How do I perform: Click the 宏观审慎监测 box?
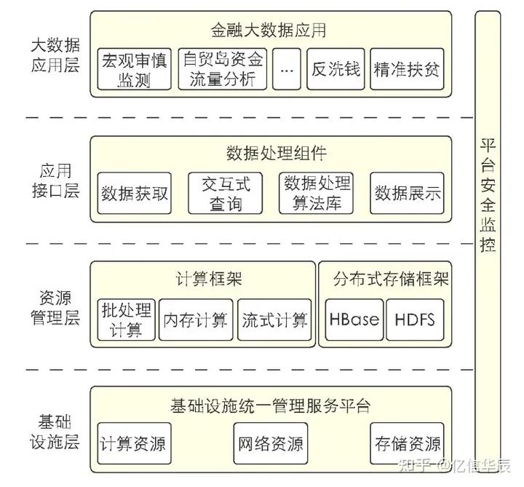(133, 69)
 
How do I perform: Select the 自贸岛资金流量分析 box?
(223, 69)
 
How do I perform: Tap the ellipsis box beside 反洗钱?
(287, 69)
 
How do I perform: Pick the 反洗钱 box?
(336, 69)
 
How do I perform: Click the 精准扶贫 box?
(407, 69)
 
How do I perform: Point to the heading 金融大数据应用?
(269, 31)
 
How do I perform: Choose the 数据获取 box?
(135, 194)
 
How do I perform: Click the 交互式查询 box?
(226, 194)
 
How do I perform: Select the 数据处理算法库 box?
(317, 194)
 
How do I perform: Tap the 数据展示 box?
(408, 194)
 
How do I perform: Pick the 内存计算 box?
(195, 320)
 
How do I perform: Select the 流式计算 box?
(274, 320)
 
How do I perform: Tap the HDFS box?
(414, 320)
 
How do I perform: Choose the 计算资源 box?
(132, 443)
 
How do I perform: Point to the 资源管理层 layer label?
(55, 308)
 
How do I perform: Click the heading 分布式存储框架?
(391, 280)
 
